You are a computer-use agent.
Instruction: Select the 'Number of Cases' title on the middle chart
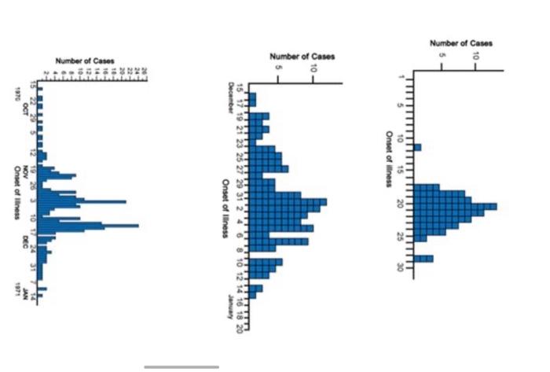coord(302,57)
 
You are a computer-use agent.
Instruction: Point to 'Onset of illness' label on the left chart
coord(15,188)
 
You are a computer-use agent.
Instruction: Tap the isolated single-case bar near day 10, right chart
coord(418,147)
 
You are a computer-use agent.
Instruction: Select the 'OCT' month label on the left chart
coord(25,108)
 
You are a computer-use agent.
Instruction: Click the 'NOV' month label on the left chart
coord(25,171)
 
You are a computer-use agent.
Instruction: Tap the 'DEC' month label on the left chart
coord(25,238)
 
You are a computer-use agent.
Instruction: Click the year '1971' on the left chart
coord(16,292)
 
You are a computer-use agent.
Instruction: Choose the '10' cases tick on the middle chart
coord(313,69)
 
